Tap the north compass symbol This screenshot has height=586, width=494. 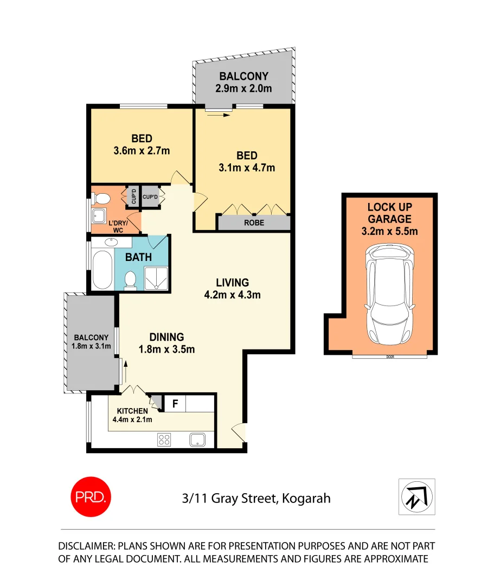416,496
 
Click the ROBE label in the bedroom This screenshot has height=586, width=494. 254,223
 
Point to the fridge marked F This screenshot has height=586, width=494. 175,404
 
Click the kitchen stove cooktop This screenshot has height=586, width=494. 164,439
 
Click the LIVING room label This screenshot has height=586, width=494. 232,283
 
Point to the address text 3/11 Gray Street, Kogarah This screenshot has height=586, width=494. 256,498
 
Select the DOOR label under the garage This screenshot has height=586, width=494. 389,357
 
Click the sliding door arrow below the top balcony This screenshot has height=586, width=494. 219,114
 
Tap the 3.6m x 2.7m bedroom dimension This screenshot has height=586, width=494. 142,151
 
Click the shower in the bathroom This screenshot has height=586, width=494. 156,277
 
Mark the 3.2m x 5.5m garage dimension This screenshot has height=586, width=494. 389,232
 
